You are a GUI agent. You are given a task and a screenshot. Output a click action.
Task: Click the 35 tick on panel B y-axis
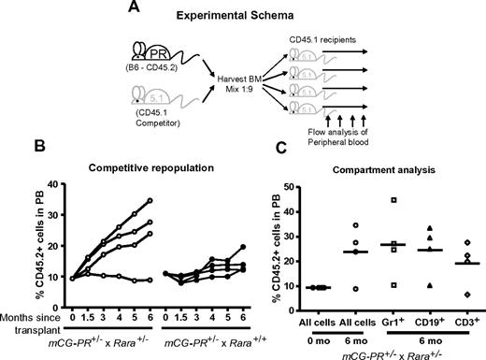[x=47, y=199]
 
